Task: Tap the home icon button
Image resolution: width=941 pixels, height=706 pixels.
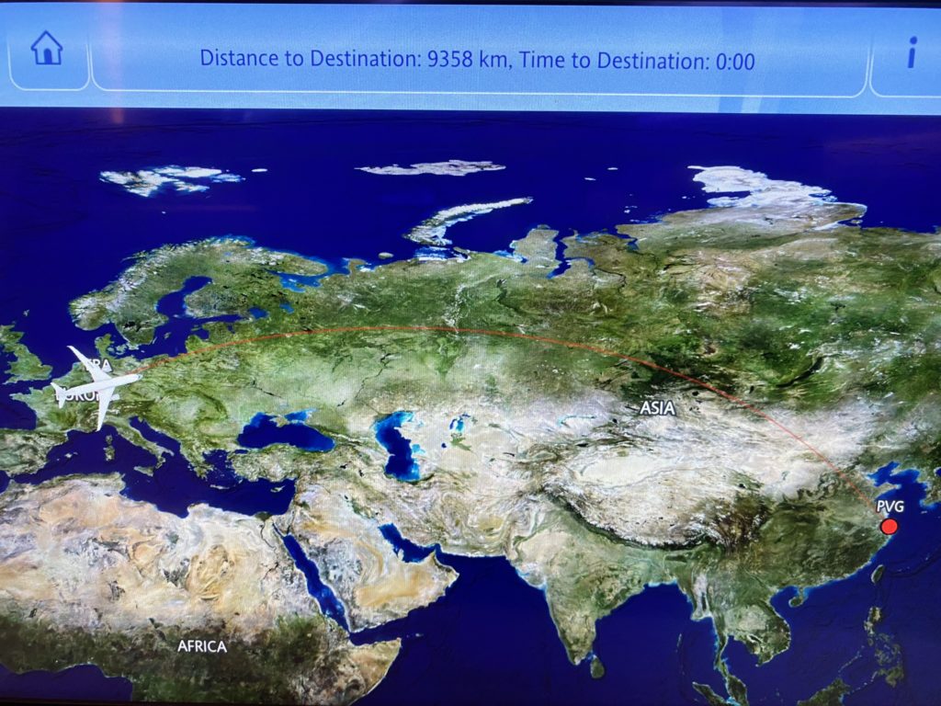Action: coord(46,50)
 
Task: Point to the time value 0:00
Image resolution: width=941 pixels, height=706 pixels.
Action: coord(733,62)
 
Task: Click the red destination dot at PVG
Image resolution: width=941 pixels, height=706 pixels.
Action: coord(889,526)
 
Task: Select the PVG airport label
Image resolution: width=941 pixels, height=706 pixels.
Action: coord(890,506)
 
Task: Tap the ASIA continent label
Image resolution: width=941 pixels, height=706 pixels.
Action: coord(657,408)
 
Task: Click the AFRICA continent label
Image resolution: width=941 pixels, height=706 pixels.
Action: coord(201,646)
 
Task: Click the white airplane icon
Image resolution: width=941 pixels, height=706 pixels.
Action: coord(97,387)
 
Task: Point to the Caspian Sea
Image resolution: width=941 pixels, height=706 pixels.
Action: coord(398,445)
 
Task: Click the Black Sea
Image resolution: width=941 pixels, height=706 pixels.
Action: coord(285,433)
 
